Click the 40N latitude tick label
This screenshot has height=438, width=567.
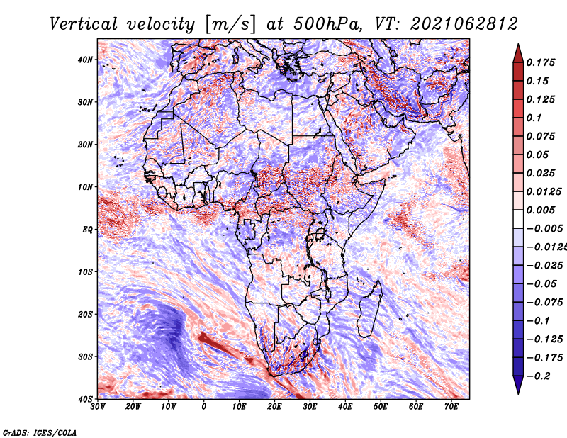coord(85,60)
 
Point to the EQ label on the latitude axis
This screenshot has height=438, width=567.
coord(87,230)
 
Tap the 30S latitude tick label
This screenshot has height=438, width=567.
coord(85,356)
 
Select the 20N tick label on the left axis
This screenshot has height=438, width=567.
coord(85,145)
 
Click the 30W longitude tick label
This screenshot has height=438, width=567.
coord(98,407)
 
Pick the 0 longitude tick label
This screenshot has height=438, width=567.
coord(204,407)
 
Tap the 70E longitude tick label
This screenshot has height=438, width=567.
coord(451,407)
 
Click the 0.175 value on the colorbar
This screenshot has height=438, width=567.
coord(540,62)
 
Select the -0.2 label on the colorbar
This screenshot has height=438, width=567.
coord(539,376)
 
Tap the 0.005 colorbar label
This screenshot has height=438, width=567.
coord(540,210)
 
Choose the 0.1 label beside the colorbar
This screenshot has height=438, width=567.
coord(534,118)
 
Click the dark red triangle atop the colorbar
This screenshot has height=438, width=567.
coord(518,55)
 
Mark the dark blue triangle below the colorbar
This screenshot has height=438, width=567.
coord(518,383)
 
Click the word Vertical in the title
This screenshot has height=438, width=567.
coord(84,24)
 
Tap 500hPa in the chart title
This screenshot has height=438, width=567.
coord(327,24)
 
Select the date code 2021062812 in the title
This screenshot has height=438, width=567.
coord(464,24)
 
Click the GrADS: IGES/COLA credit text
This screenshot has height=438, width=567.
coord(40,432)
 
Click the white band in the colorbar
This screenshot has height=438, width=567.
coord(518,219)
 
